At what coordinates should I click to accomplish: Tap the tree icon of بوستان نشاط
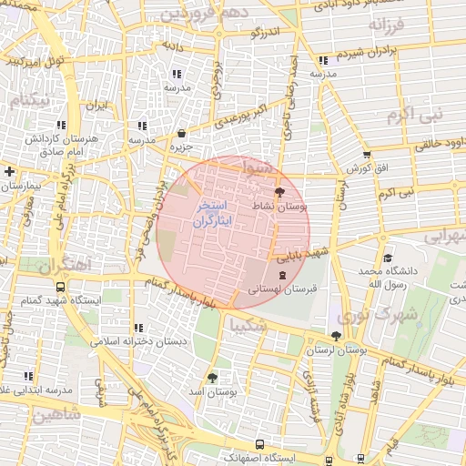click(x=279, y=192)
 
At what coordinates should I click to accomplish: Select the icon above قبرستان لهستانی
click(x=280, y=274)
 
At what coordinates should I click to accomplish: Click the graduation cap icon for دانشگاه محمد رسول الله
click(x=388, y=258)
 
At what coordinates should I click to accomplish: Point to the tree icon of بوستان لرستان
click(x=336, y=336)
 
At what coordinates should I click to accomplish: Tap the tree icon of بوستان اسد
click(x=212, y=377)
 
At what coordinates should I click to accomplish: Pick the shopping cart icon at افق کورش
click(x=367, y=155)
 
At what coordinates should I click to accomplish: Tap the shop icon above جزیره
click(x=181, y=132)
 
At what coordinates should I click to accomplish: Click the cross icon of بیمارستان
click(x=9, y=171)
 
